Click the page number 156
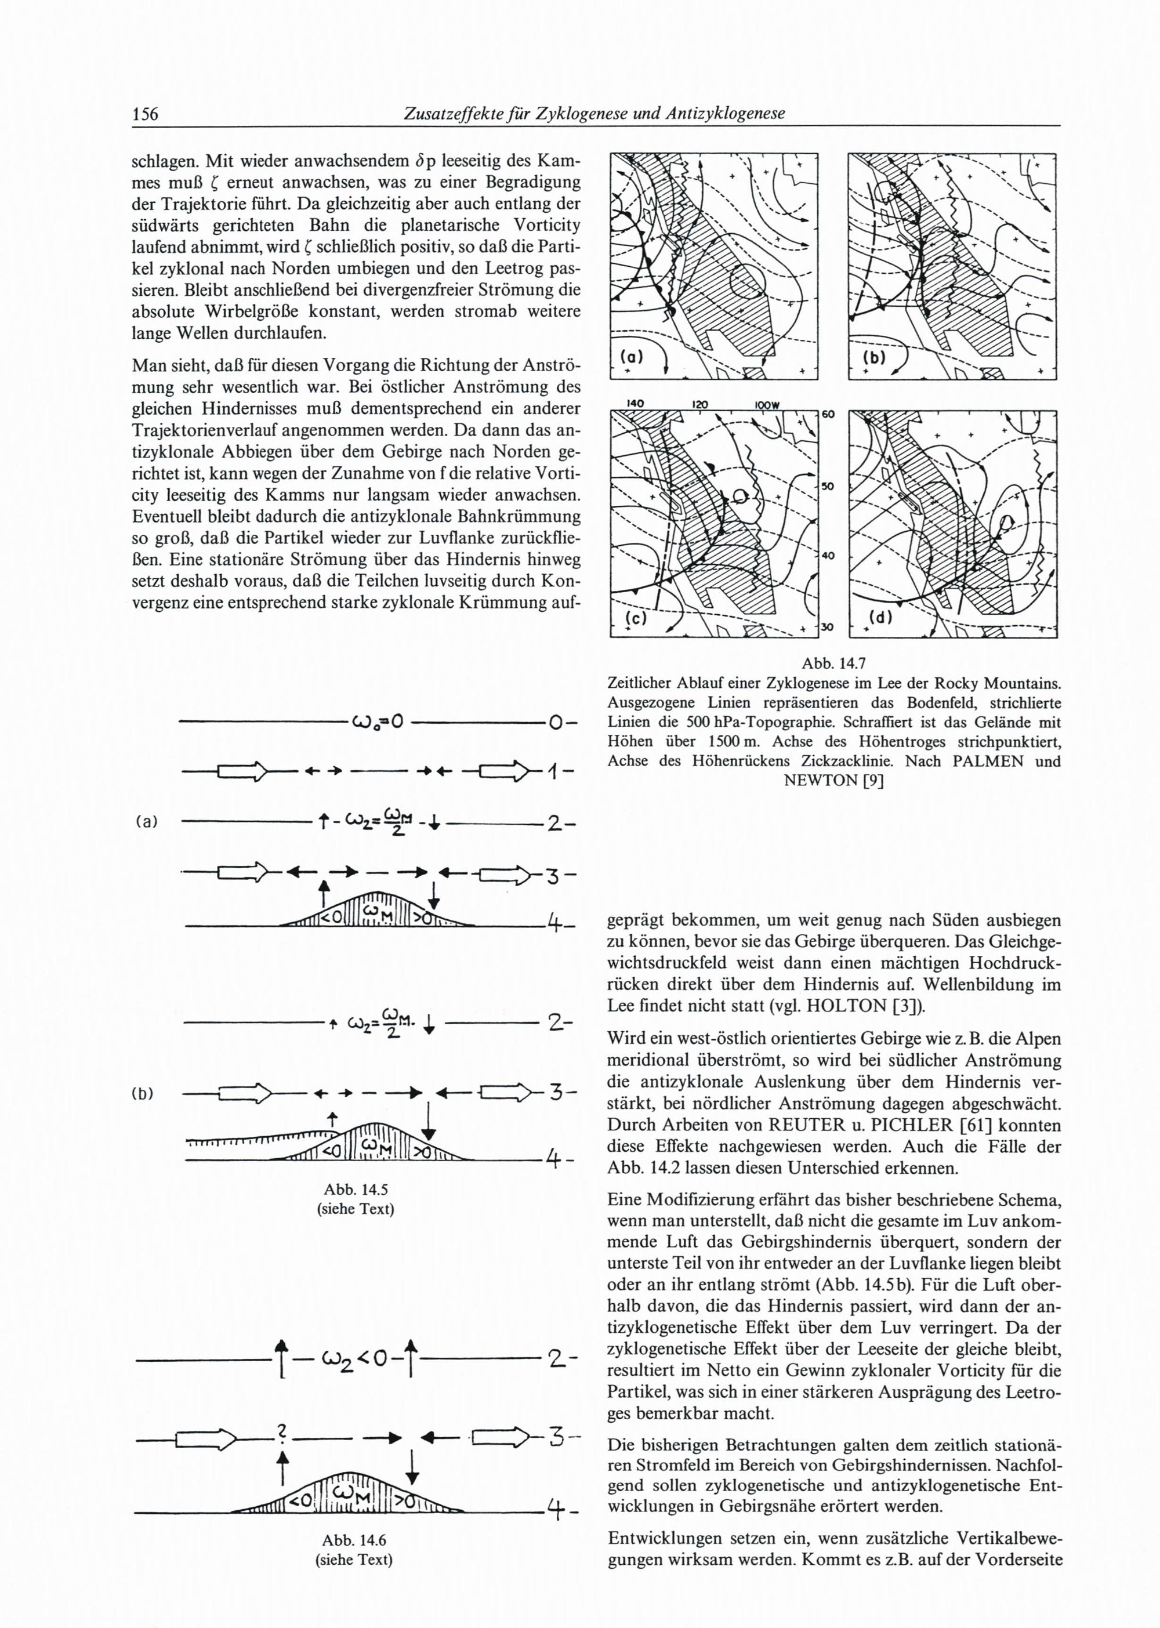(x=145, y=114)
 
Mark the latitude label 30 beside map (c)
(x=827, y=627)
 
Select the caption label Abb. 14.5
(x=355, y=1190)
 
